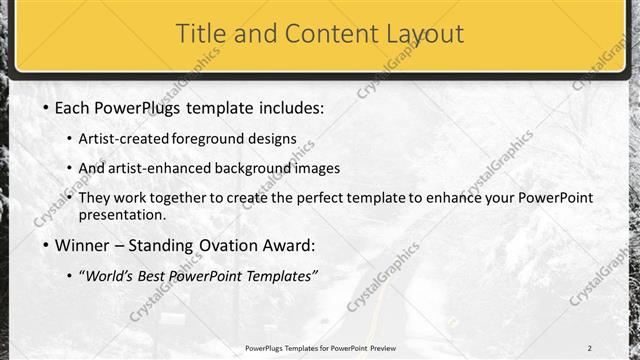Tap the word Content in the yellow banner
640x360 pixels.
click(327, 34)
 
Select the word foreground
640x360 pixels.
click(209, 139)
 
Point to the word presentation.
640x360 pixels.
click(122, 215)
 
